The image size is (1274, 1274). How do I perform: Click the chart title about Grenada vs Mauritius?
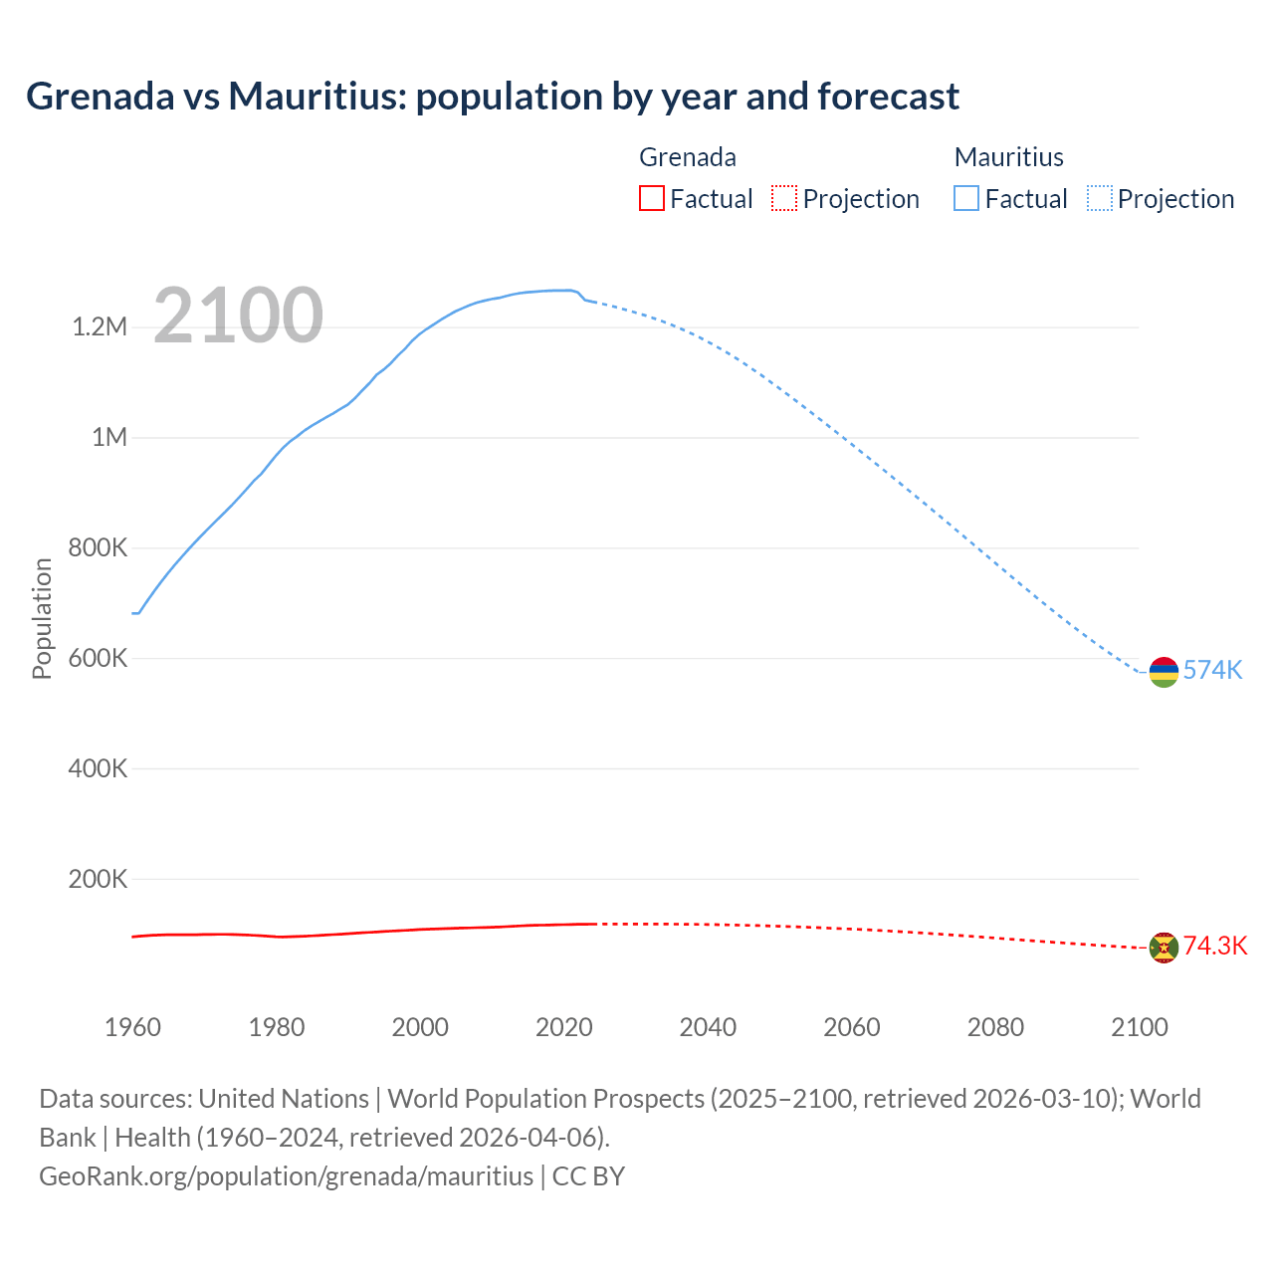pyautogui.click(x=493, y=97)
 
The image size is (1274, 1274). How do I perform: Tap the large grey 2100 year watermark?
pyautogui.click(x=238, y=316)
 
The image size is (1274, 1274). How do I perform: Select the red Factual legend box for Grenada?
pyautogui.click(x=651, y=199)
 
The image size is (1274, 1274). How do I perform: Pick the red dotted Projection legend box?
pyautogui.click(x=784, y=199)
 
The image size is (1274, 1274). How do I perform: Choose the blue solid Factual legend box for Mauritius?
pyautogui.click(x=965, y=199)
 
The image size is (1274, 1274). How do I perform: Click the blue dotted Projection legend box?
pyautogui.click(x=1099, y=199)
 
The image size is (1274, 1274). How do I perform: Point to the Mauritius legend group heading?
pyautogui.click(x=1008, y=157)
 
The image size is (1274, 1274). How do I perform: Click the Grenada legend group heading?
pyautogui.click(x=687, y=157)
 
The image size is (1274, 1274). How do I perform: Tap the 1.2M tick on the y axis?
pyautogui.click(x=100, y=327)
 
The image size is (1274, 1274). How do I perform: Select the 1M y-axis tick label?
pyautogui.click(x=109, y=438)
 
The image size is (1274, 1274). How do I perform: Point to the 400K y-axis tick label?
pyautogui.click(x=98, y=768)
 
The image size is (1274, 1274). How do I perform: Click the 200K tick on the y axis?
pyautogui.click(x=98, y=879)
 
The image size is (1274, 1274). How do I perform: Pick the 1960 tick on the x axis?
pyautogui.click(x=132, y=1027)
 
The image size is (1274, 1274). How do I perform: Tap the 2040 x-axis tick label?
pyautogui.click(x=708, y=1027)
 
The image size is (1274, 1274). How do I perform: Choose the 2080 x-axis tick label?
pyautogui.click(x=995, y=1027)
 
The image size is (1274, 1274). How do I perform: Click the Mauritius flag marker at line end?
pyautogui.click(x=1164, y=673)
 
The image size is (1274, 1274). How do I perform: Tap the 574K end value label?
pyautogui.click(x=1212, y=671)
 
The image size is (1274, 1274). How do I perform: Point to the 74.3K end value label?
pyautogui.click(x=1214, y=947)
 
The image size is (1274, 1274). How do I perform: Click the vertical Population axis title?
pyautogui.click(x=42, y=618)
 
